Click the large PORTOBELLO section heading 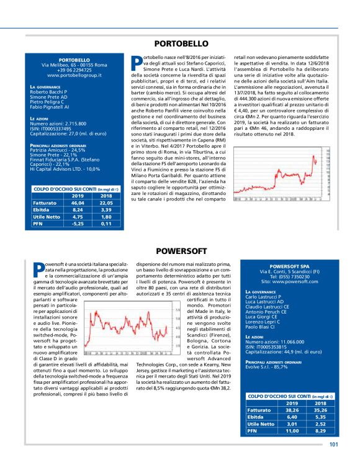181,44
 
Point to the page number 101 334,444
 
